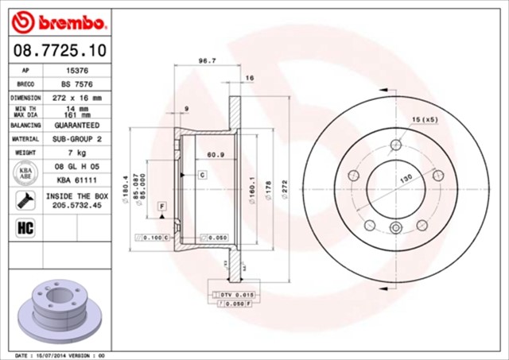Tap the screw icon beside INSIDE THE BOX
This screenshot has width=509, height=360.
click(x=23, y=199)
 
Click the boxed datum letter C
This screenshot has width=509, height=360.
click(x=203, y=173)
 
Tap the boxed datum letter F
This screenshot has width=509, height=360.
click(x=162, y=207)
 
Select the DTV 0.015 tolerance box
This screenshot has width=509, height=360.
click(x=231, y=295)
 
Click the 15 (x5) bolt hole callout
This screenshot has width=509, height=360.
click(x=424, y=119)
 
